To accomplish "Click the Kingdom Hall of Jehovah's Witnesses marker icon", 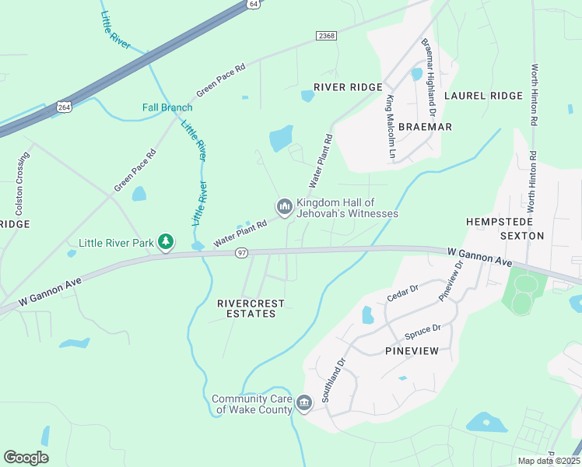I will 284,206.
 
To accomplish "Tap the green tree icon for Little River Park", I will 165,243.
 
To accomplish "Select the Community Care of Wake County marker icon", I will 304,402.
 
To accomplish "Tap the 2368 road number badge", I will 327,36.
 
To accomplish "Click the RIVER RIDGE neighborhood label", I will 348,87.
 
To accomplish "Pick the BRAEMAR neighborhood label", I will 425,127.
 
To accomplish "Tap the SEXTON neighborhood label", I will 521,235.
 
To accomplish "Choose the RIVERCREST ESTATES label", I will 251,308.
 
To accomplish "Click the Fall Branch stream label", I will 167,107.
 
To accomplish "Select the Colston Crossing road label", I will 20,183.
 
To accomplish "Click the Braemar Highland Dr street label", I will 428,74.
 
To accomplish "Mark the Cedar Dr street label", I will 403,294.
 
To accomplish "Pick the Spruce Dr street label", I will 422,332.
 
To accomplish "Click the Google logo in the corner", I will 26,458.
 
